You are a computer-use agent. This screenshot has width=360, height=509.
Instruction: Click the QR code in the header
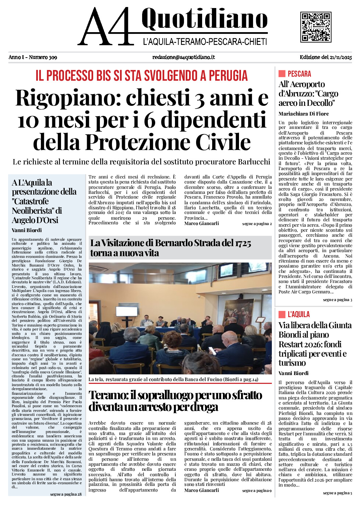point(315,27)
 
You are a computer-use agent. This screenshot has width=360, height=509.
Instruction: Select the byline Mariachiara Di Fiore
point(303,114)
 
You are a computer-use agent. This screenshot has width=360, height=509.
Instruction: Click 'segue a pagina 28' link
point(66,494)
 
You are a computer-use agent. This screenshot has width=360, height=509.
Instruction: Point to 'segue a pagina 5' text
point(337,493)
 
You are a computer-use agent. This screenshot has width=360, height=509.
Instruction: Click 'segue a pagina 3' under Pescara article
point(337,300)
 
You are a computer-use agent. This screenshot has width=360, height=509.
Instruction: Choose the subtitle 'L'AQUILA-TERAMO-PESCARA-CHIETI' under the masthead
point(205,42)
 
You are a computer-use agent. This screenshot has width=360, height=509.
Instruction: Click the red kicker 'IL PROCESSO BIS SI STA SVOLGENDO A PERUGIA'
point(141,76)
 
